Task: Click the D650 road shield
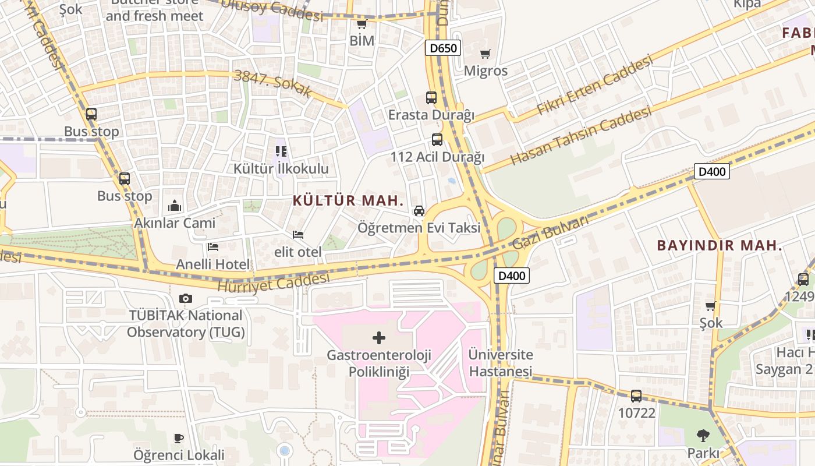[x=442, y=48]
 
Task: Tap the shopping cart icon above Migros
[x=485, y=54]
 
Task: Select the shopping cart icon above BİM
[x=362, y=24]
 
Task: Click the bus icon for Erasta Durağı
[x=431, y=97]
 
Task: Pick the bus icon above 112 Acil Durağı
[x=437, y=140]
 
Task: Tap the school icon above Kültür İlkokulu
[x=281, y=152]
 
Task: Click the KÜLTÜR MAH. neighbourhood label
[x=348, y=201]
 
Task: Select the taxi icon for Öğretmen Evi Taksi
[x=419, y=211]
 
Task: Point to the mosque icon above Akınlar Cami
[x=175, y=206]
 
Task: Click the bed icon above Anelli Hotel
[x=212, y=248]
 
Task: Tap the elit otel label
[x=298, y=252]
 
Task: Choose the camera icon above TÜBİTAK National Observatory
[x=186, y=299]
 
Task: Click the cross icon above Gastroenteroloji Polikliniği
[x=379, y=338]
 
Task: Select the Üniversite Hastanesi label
[x=501, y=362]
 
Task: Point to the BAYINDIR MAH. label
[x=720, y=245]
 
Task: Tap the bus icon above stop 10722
[x=636, y=396]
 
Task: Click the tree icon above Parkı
[x=703, y=435]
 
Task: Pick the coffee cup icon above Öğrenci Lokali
[x=179, y=438]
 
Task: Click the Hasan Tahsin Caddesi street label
[x=581, y=136]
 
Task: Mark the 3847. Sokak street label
[x=273, y=83]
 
